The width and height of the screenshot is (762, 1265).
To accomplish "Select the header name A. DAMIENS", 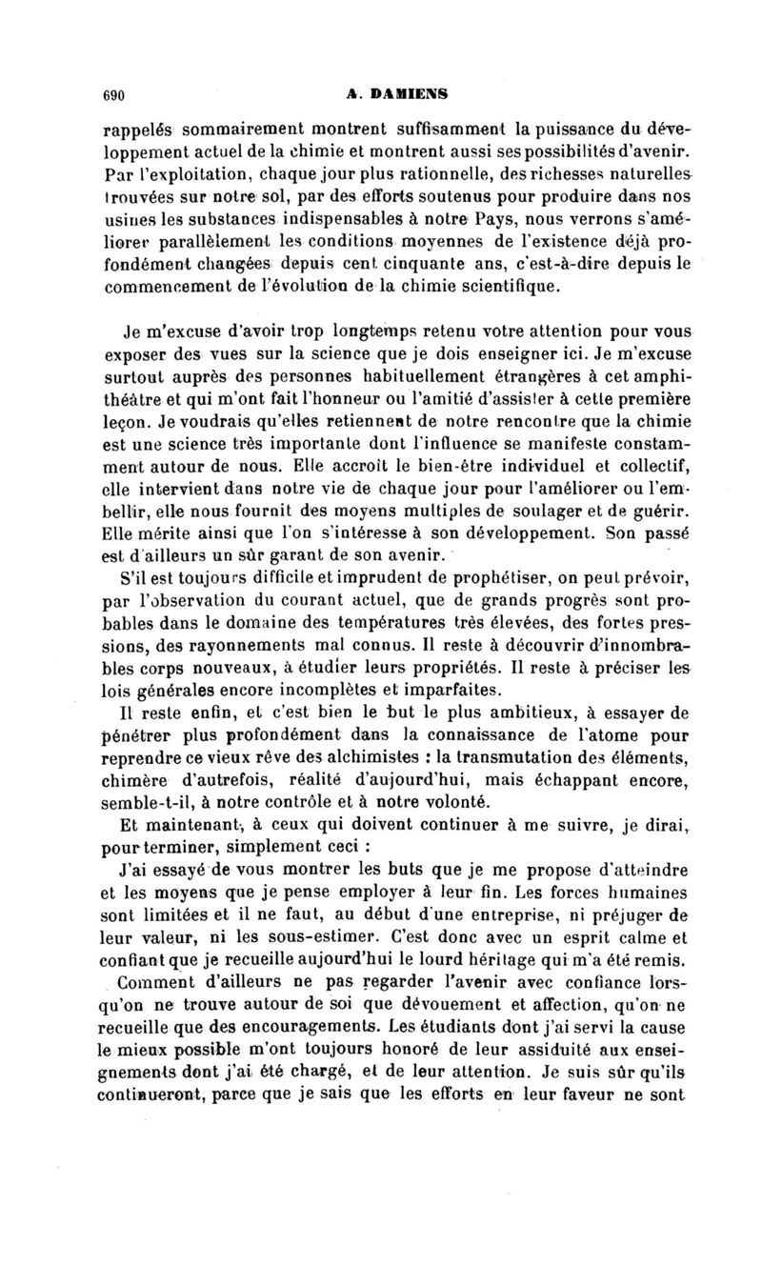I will tap(398, 93).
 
